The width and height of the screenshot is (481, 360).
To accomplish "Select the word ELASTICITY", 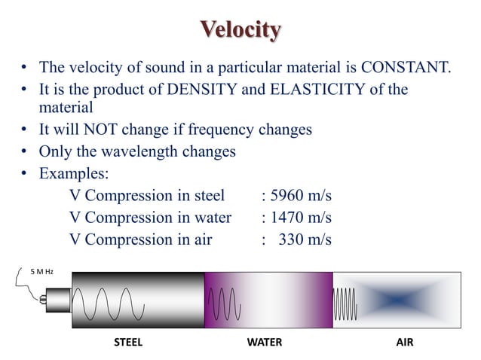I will [316, 90].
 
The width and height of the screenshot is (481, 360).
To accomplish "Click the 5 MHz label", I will [41, 271].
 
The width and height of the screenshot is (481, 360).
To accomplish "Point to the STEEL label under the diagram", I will [127, 341].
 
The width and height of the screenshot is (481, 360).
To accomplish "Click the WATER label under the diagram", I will [265, 341].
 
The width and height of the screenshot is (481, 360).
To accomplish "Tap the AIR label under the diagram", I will [404, 341].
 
